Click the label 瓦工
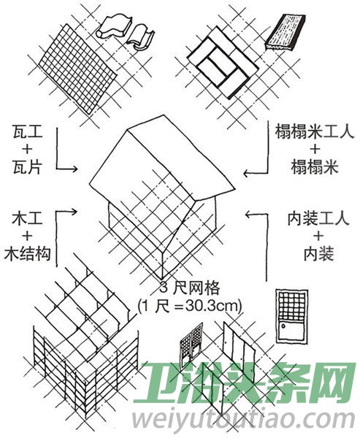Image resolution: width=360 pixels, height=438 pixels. [28, 131]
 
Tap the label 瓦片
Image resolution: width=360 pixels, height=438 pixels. [28, 167]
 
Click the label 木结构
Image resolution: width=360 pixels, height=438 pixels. [28, 254]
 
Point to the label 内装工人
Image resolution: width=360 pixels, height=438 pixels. [318, 219]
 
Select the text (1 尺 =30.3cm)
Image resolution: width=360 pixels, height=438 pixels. [189, 307]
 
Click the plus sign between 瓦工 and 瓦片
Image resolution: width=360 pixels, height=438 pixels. [28, 150]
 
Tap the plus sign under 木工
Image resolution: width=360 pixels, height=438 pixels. [28, 237]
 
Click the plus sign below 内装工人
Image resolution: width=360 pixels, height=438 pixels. [318, 237]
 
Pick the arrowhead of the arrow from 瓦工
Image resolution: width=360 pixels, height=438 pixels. [74, 169]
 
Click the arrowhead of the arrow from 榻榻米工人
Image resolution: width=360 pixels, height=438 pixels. [247, 173]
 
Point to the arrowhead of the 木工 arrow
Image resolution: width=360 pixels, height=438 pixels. [74, 212]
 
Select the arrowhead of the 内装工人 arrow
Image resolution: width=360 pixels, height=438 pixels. [248, 214]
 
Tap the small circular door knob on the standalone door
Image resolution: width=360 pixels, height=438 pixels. [283, 326]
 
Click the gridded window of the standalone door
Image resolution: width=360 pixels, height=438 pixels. [292, 305]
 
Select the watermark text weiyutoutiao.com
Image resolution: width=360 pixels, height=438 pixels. [243, 419]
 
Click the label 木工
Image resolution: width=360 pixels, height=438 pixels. [28, 219]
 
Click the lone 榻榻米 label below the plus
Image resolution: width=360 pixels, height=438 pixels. [314, 167]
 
